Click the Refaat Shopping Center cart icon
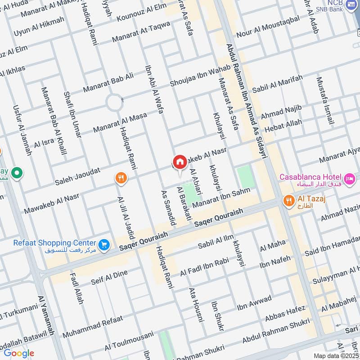(104, 245)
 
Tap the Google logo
(18, 353)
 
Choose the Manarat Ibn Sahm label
(221, 199)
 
